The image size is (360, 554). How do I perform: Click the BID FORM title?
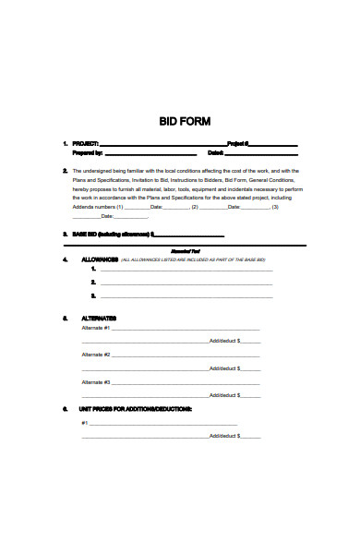pyautogui.click(x=186, y=121)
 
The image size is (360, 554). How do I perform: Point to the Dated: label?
pyautogui.click(x=216, y=153)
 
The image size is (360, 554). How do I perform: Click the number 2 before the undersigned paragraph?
pyautogui.click(x=65, y=172)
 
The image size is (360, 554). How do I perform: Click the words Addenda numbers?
pyautogui.click(x=92, y=207)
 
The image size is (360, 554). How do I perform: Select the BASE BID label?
pyautogui.click(x=84, y=235)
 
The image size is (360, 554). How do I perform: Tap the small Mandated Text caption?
pyautogui.click(x=186, y=251)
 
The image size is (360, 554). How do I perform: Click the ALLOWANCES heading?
pyautogui.click(x=100, y=260)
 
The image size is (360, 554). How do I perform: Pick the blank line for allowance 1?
pyautogui.click(x=185, y=271)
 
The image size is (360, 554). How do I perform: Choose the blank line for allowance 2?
pyautogui.click(x=185, y=283)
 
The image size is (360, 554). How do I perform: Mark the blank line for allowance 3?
pyautogui.click(x=185, y=296)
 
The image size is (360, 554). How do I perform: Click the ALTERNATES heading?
pyautogui.click(x=99, y=319)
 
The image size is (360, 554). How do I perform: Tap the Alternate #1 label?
pyautogui.click(x=96, y=328)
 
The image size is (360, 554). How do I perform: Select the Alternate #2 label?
pyautogui.click(x=96, y=355)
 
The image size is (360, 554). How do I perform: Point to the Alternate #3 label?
pyautogui.click(x=96, y=381)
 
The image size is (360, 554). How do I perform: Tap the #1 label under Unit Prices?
pyautogui.click(x=85, y=423)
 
